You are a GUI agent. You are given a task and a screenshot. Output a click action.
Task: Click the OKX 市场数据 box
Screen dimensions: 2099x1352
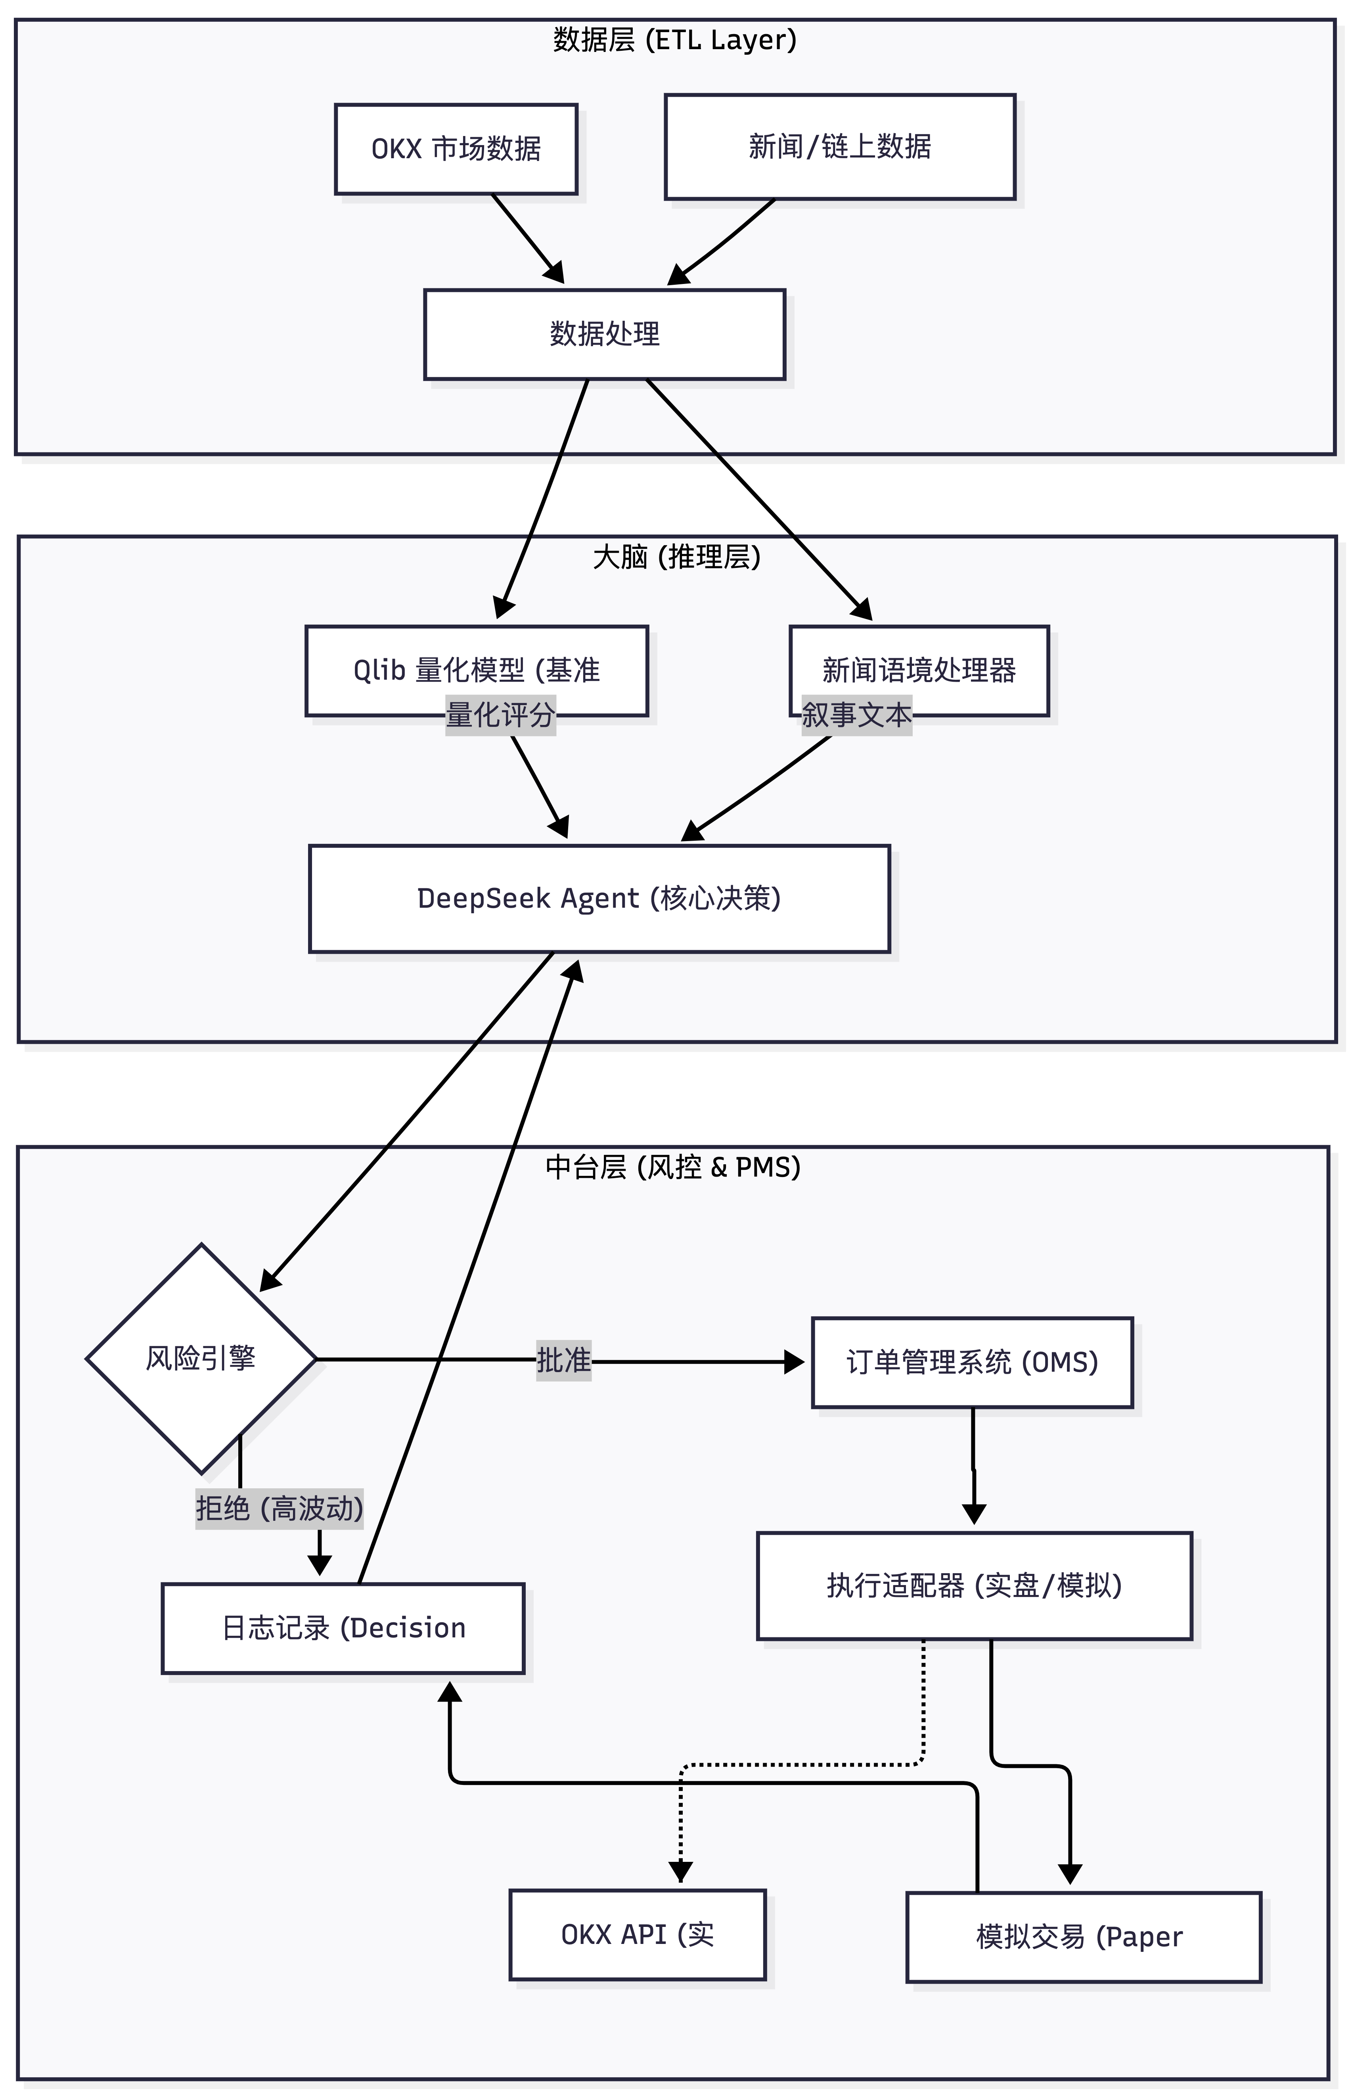[456, 149]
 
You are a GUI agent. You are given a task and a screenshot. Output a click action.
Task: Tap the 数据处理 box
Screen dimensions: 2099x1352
[604, 334]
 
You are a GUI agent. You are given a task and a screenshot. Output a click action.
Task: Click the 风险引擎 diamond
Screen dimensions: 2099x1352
[201, 1359]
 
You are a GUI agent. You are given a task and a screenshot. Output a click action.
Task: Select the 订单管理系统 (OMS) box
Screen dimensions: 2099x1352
[972, 1363]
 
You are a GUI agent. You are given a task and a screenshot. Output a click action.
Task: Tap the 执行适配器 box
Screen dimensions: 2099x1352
[974, 1585]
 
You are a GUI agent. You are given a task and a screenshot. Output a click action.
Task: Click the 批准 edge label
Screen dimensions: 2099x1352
[564, 1361]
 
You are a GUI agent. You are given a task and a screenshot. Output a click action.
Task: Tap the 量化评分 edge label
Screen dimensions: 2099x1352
[500, 715]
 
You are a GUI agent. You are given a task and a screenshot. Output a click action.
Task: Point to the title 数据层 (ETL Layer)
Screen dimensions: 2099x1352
[674, 40]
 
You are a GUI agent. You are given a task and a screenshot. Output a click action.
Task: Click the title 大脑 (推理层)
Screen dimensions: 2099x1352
[676, 558]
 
